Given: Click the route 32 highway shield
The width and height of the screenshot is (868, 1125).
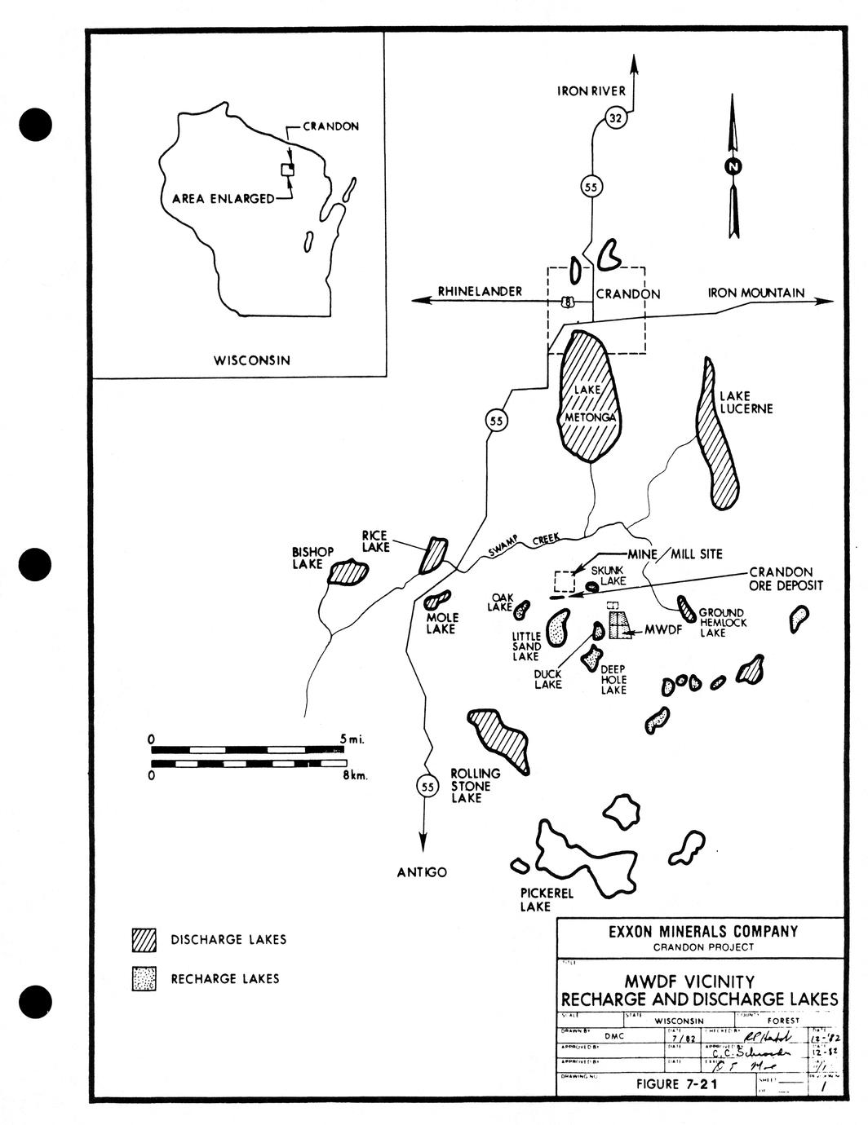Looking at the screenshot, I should pos(617,119).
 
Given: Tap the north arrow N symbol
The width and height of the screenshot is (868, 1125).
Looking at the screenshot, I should pos(733,166).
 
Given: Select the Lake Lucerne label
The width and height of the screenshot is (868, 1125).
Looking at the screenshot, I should pos(745,402).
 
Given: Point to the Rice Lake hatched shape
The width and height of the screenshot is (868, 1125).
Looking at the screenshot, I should pos(433,555).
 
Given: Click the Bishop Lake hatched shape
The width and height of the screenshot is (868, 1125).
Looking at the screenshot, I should pos(348,572).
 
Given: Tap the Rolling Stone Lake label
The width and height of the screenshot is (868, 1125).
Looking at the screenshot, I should pos(472,785).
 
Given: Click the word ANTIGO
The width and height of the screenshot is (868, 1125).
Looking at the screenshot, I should pos(422,872).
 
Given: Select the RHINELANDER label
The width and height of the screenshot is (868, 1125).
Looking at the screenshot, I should pos(480,292).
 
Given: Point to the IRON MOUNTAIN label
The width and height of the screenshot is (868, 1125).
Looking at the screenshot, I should pos(755,293).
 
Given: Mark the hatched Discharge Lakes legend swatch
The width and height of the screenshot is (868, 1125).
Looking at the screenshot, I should pos(144,940).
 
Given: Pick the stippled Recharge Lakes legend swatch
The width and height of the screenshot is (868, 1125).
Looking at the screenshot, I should pos(144,978).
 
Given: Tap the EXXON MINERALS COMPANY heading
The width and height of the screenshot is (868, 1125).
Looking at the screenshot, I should pos(703,931).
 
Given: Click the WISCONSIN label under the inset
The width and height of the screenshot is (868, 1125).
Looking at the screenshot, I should pos(251,360).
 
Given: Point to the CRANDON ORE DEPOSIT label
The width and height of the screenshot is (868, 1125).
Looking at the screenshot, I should pos(786,579).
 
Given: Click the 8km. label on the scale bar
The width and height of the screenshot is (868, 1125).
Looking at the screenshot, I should pos(355,776).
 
